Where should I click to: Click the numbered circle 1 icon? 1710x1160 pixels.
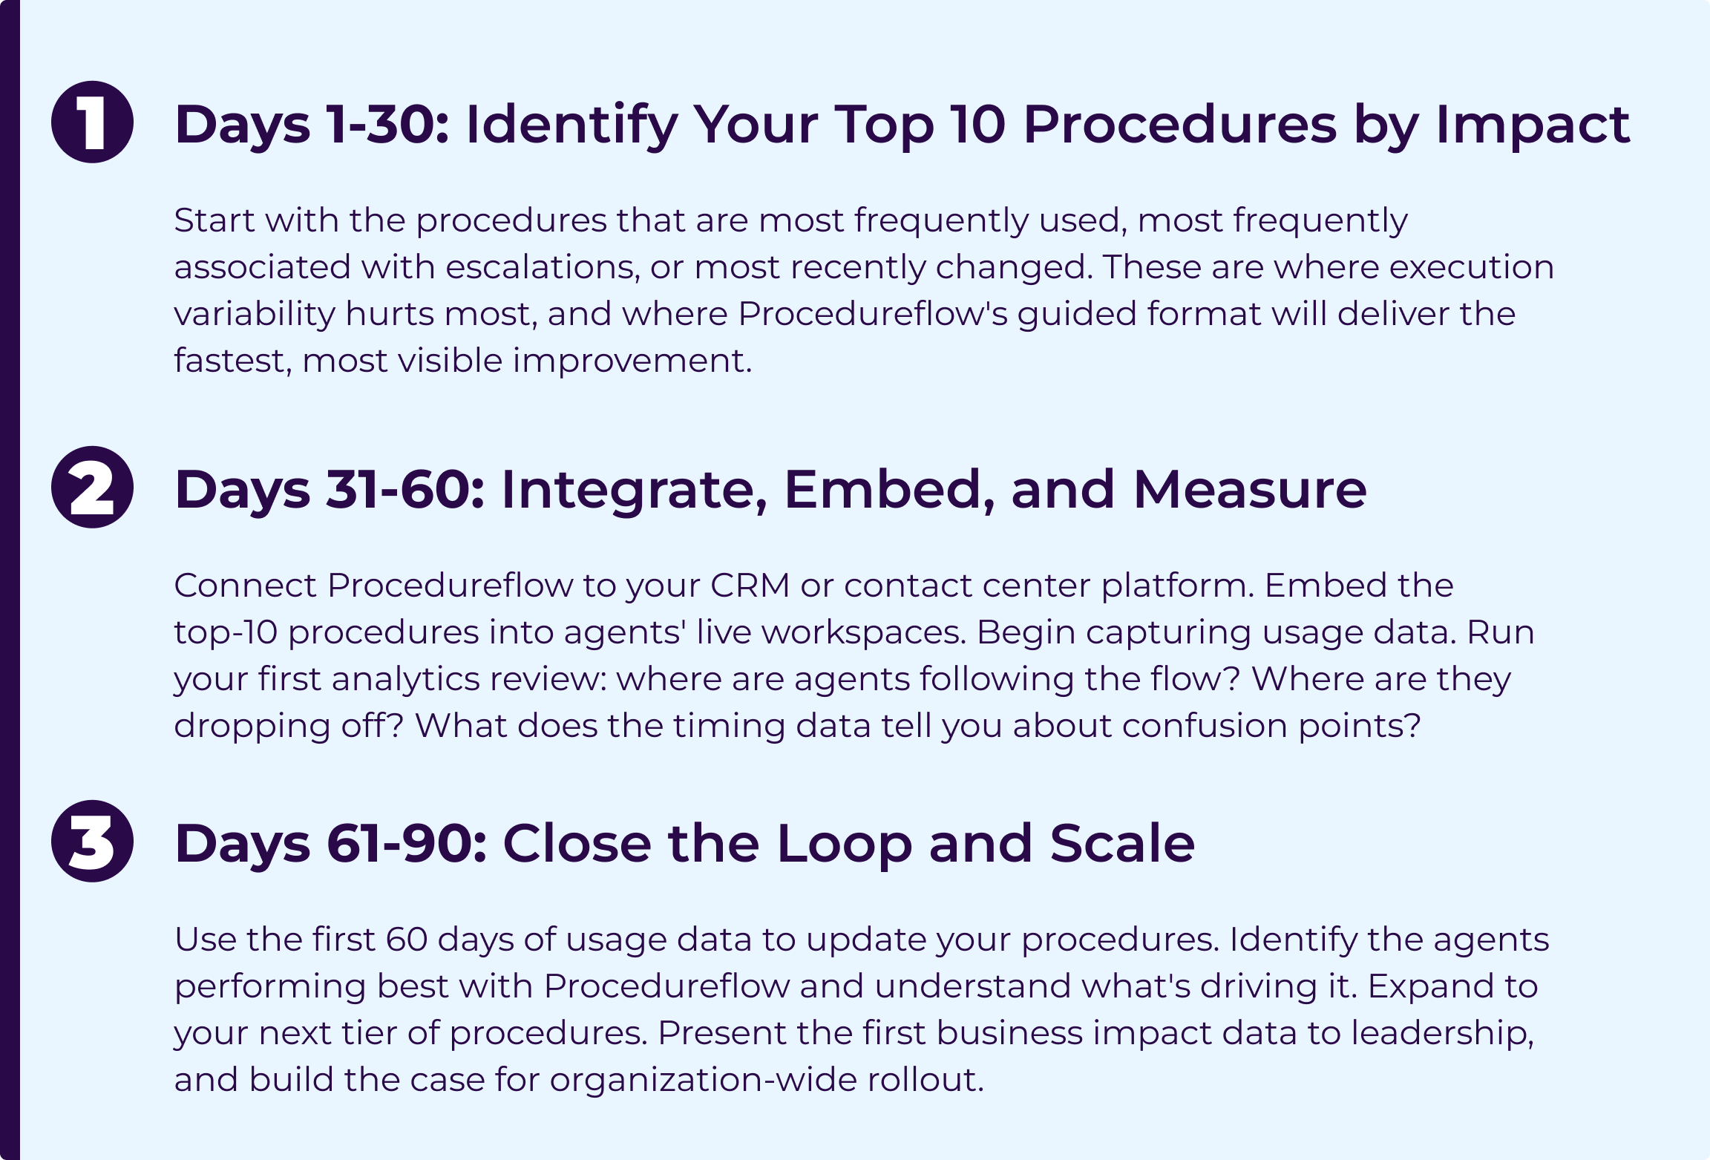pyautogui.click(x=92, y=122)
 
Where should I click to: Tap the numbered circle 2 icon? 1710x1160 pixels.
pyautogui.click(x=92, y=487)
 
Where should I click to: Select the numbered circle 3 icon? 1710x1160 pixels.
pyautogui.click(x=92, y=841)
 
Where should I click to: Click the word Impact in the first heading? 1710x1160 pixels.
pyautogui.click(x=1533, y=125)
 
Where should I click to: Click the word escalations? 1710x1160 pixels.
pyautogui.click(x=543, y=266)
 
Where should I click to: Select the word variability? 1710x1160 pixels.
pyautogui.click(x=254, y=314)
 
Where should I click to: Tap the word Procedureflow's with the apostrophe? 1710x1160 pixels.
pyautogui.click(x=873, y=313)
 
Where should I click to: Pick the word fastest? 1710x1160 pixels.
pyautogui.click(x=233, y=361)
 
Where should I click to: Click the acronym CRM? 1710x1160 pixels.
pyautogui.click(x=750, y=585)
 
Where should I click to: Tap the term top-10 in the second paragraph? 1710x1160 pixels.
pyautogui.click(x=226, y=632)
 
